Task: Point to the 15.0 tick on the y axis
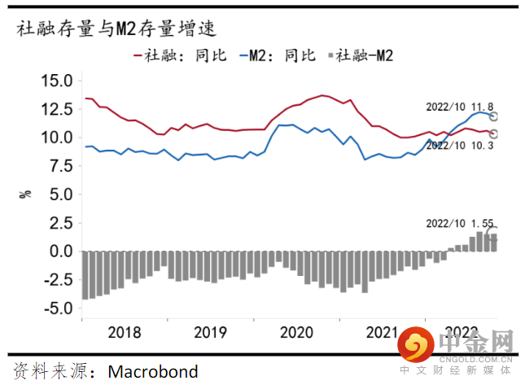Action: [x=57, y=81]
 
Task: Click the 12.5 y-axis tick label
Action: [x=57, y=109]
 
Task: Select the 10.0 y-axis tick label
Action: [x=57, y=138]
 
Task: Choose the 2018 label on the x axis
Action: [x=124, y=332]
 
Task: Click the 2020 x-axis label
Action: [x=297, y=332]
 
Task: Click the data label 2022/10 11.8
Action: [x=460, y=107]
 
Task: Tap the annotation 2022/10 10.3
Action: [x=460, y=145]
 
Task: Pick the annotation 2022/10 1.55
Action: [x=460, y=223]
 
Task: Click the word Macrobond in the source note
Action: [x=153, y=372]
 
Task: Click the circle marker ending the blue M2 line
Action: [x=492, y=116]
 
